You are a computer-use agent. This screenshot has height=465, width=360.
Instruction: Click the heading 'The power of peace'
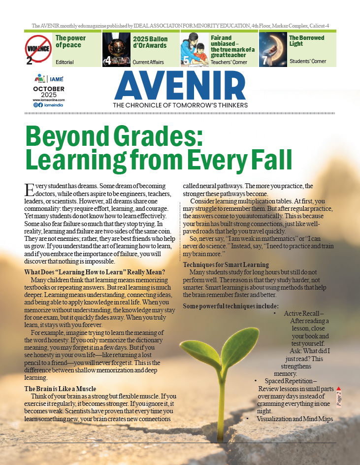pyautogui.click(x=70, y=41)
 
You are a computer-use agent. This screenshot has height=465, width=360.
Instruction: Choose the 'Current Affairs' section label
pyautogui.click(x=148, y=63)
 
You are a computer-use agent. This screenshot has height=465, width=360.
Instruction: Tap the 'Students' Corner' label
pyautogui.click(x=307, y=62)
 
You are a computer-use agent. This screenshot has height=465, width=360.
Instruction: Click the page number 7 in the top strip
pyautogui.click(x=264, y=61)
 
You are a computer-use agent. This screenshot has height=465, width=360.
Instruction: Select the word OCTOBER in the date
pyautogui.click(x=49, y=88)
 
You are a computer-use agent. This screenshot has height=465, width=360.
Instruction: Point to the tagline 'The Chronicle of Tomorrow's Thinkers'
pyautogui.click(x=180, y=105)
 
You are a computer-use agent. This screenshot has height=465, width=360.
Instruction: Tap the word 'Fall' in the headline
pyautogui.click(x=270, y=160)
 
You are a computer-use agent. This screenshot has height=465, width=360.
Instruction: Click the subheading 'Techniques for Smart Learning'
pyautogui.click(x=226, y=265)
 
